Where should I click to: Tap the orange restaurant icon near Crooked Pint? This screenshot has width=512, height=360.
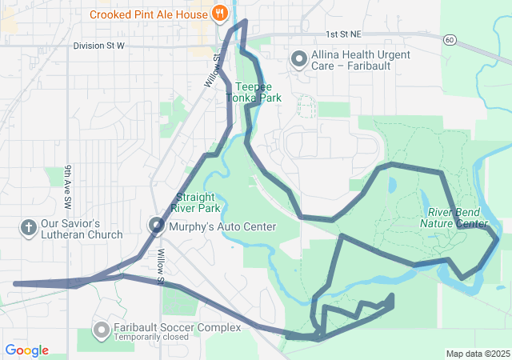click(218, 14)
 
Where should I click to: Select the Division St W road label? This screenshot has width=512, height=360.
click(98, 46)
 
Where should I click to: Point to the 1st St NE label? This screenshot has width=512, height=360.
click(344, 35)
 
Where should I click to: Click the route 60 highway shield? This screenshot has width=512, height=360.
click(450, 39)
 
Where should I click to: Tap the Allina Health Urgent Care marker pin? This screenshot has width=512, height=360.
click(299, 58)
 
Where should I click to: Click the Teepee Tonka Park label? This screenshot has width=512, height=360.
click(254, 92)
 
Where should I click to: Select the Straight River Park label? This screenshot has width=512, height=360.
click(198, 202)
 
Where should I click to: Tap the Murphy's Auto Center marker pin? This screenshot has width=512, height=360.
click(157, 226)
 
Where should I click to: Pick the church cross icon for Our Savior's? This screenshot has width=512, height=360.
click(29, 228)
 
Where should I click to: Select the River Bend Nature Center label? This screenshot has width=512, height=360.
click(453, 218)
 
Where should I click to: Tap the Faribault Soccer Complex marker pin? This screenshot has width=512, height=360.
click(102, 330)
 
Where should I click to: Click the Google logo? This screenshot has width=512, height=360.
click(26, 350)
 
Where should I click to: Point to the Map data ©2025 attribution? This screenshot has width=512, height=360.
click(477, 354)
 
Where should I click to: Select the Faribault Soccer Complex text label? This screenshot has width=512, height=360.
click(166, 327)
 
